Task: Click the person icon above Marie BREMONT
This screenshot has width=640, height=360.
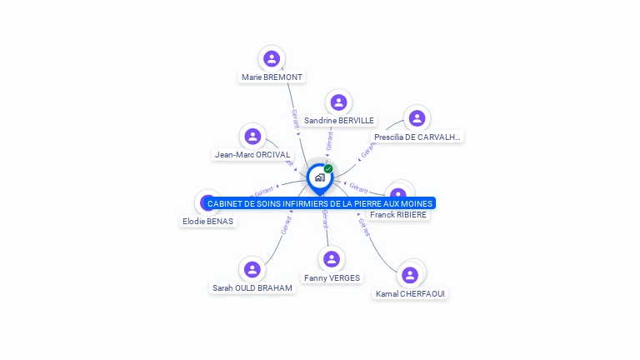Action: point(271,58)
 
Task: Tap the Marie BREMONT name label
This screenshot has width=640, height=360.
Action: point(272,77)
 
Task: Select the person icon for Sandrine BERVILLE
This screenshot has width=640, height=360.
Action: point(338,102)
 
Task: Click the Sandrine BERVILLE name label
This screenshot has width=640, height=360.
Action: point(339,121)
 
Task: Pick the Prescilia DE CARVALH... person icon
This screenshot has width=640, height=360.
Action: point(417,118)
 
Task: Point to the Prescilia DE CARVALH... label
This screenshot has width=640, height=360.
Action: point(417,137)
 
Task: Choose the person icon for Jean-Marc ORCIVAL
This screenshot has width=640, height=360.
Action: point(252,136)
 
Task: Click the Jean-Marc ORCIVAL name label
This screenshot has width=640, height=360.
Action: point(252,155)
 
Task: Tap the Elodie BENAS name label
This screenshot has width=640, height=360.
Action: point(208,222)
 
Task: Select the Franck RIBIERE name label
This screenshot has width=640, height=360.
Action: point(398,215)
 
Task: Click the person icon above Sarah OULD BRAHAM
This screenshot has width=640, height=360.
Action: point(252,269)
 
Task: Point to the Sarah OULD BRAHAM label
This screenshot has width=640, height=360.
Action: point(252,288)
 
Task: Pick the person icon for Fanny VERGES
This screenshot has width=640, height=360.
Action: point(332,259)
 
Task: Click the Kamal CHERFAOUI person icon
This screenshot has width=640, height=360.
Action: point(409,275)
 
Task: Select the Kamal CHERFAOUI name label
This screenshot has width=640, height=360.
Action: point(412,294)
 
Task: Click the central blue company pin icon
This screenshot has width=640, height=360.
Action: point(319,177)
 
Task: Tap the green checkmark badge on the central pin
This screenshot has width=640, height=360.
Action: point(328,168)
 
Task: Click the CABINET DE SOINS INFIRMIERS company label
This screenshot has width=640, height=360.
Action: point(320,203)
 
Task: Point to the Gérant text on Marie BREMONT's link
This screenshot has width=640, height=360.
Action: point(295,118)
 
